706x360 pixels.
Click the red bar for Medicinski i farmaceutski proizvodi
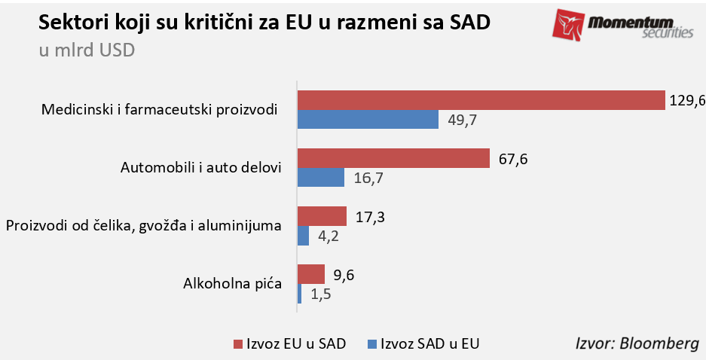tap(481, 99)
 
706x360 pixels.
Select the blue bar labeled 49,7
tap(368, 119)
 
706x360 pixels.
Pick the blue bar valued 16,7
tap(321, 177)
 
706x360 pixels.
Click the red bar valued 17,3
tap(322, 216)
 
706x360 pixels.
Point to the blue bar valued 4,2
tap(304, 236)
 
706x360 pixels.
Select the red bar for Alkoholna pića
tap(311, 274)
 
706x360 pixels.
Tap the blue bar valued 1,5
tap(300, 294)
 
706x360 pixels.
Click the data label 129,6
tap(686, 100)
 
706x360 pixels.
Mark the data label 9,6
tap(344, 275)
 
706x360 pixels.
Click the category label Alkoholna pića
tap(232, 284)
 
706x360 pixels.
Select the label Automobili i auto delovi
tap(200, 167)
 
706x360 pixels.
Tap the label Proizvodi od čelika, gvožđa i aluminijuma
tap(143, 225)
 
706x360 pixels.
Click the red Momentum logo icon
tap(568, 25)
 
